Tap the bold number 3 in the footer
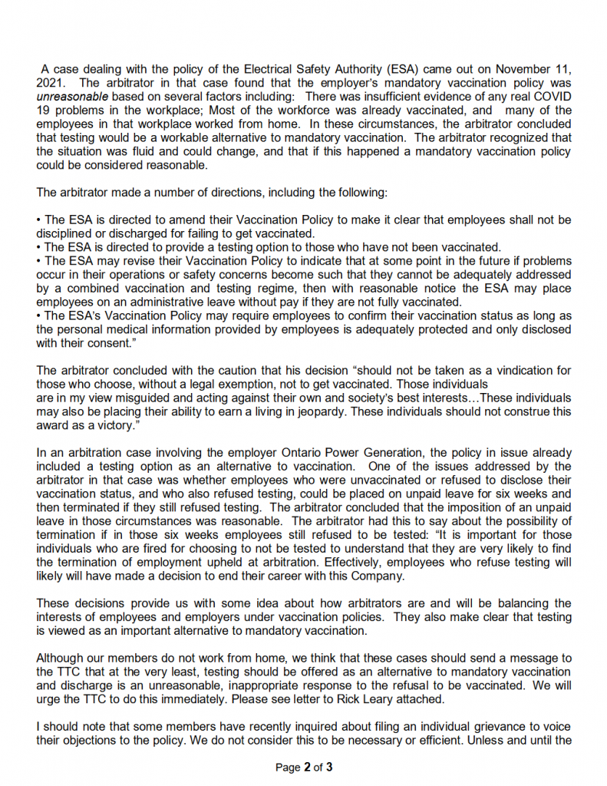click(329, 767)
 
